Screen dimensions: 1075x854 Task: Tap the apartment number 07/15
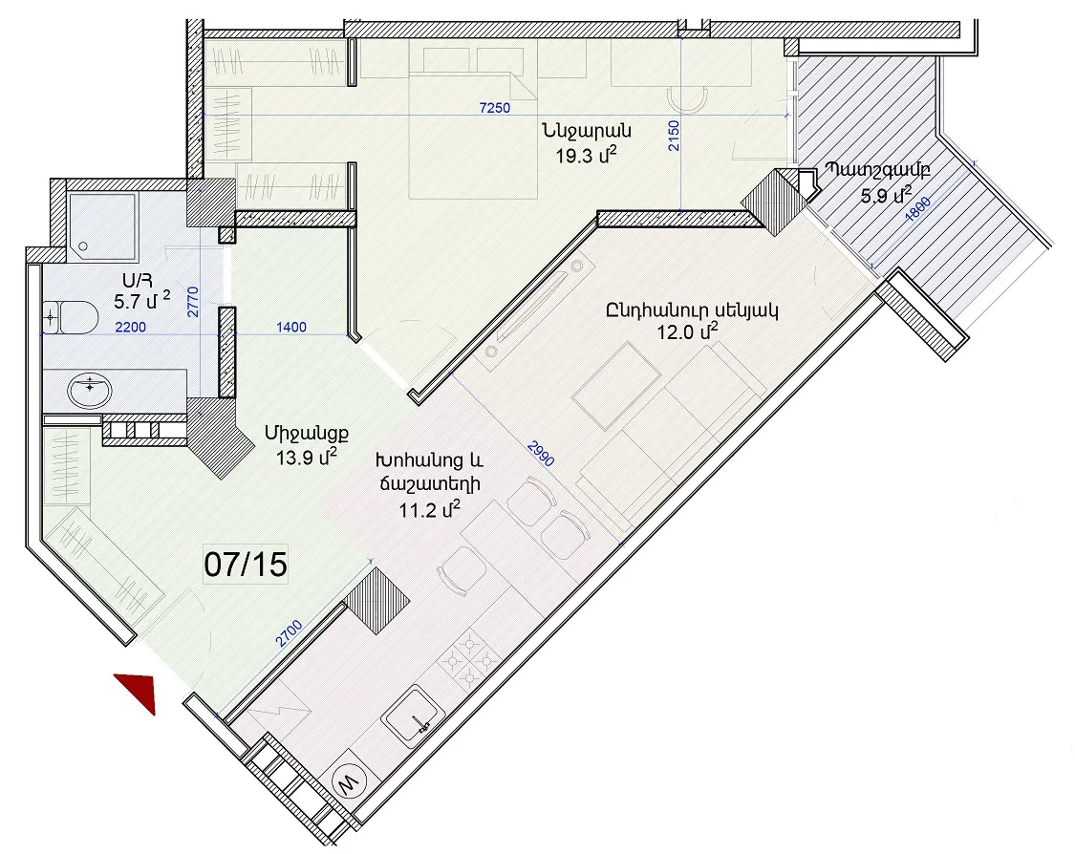pos(246,564)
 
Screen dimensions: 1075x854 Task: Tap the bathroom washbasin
pos(90,391)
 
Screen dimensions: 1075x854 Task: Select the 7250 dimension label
pos(494,108)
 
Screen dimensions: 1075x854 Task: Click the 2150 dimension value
pos(674,136)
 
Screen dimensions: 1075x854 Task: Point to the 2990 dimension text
pos(541,453)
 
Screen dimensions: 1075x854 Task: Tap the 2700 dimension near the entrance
pos(289,633)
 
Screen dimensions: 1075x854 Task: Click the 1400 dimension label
pos(290,327)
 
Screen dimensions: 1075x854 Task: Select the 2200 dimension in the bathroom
pos(130,327)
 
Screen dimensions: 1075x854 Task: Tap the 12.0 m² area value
pos(688,333)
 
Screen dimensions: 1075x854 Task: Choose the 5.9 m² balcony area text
pos(887,195)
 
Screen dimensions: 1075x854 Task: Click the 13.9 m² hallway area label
pos(307,458)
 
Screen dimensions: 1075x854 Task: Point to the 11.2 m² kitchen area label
pos(429,509)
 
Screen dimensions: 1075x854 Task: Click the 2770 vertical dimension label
pos(193,302)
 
